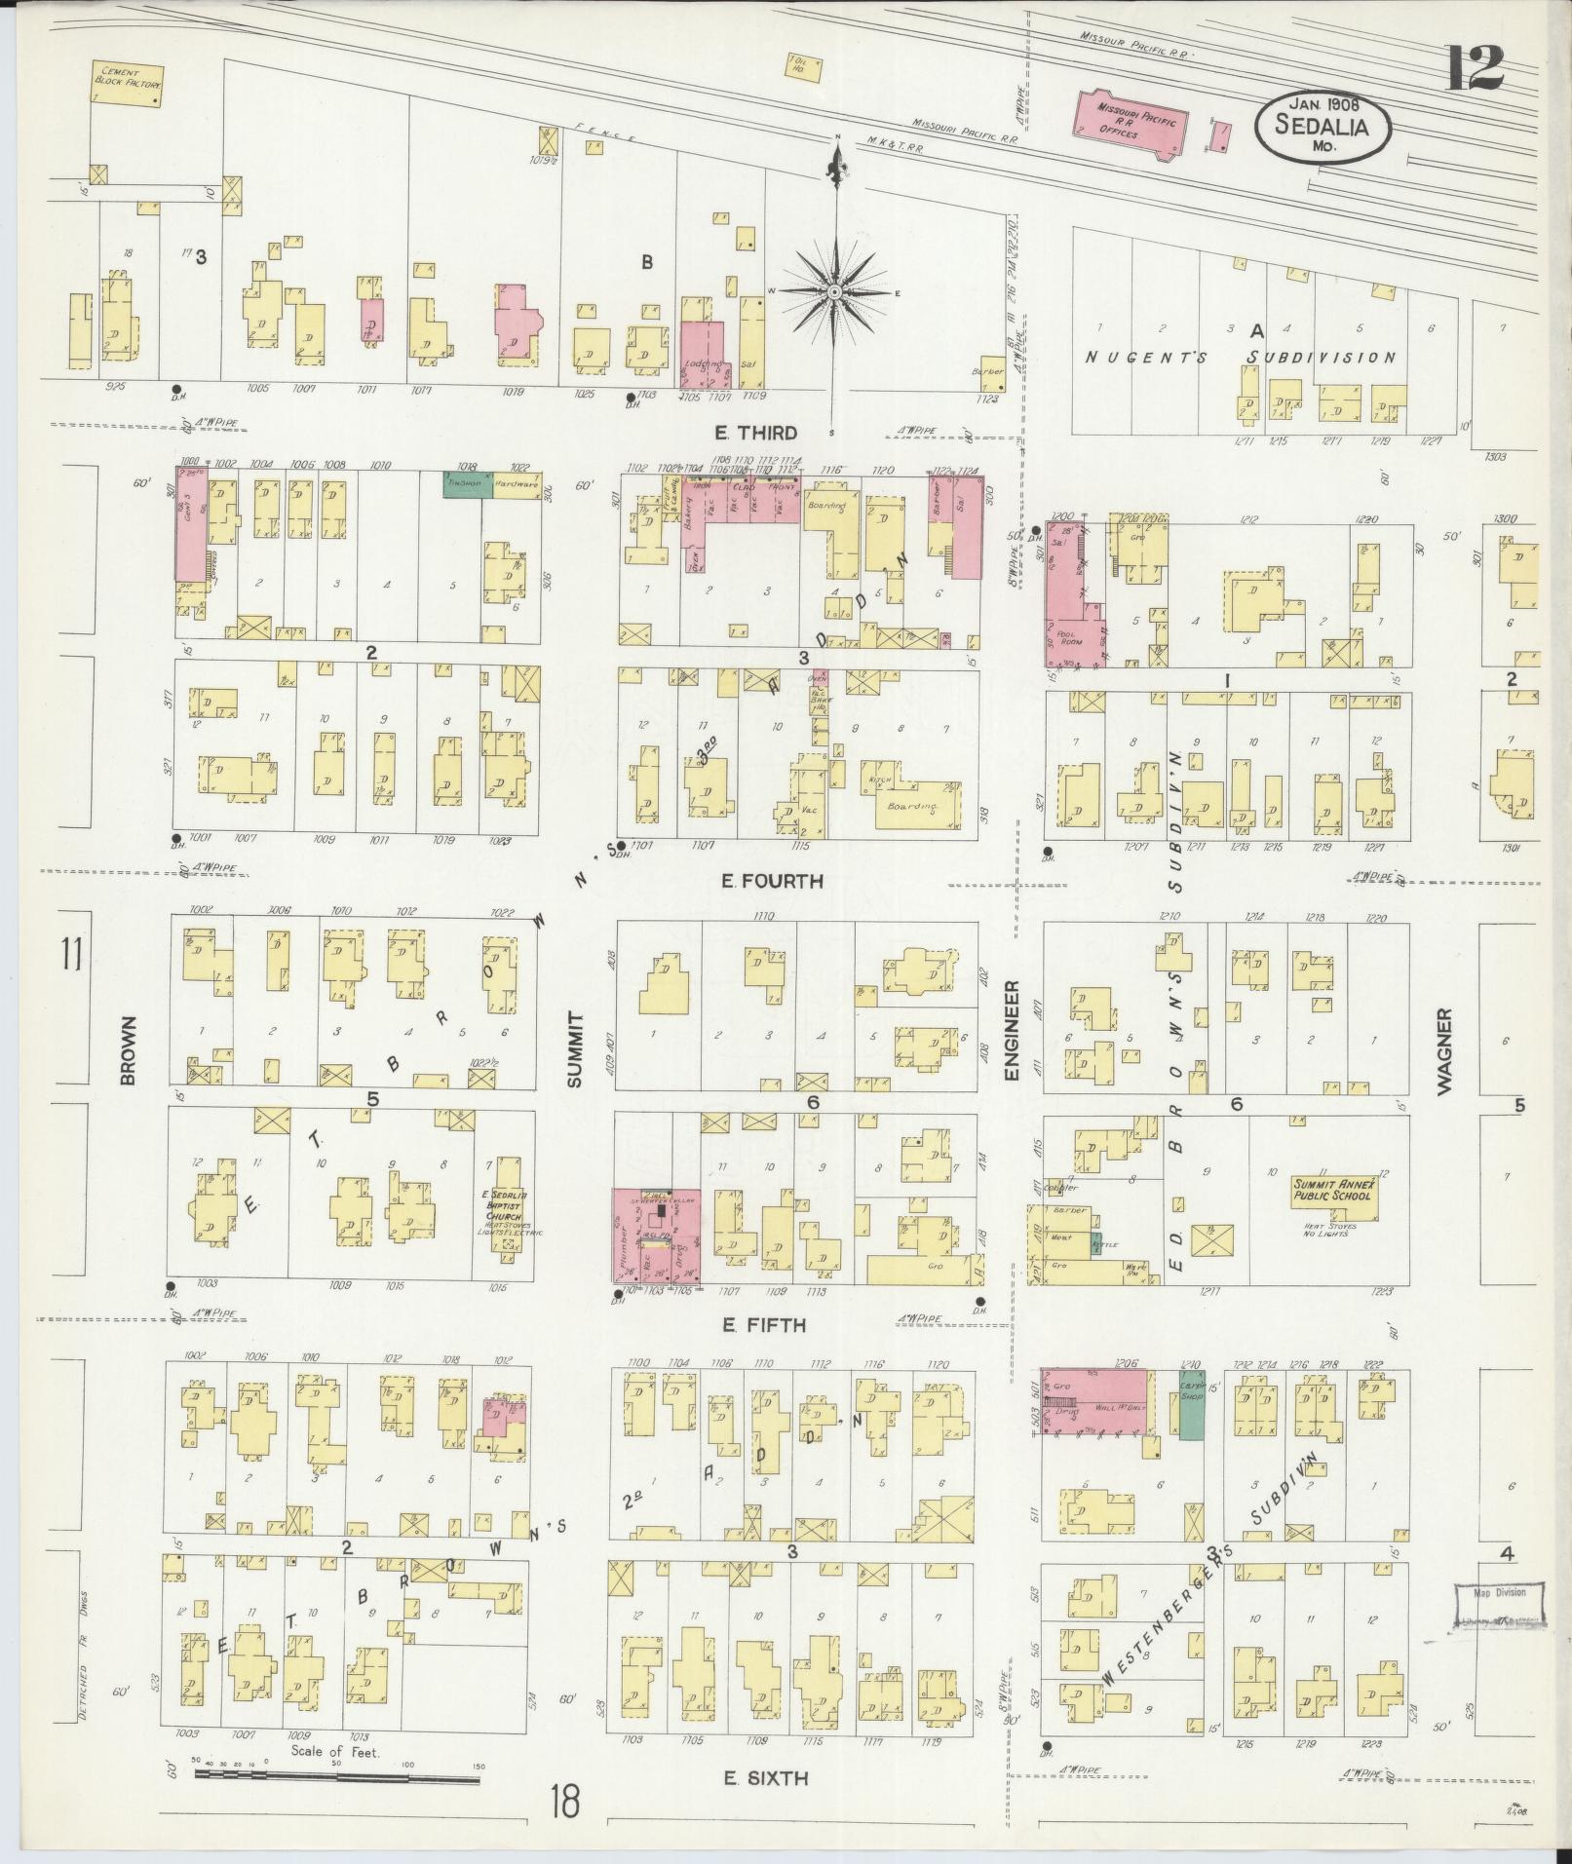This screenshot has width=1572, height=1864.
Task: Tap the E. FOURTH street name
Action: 772,881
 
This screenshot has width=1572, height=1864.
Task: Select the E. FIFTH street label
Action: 764,1325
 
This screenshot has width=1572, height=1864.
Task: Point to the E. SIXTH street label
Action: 765,1778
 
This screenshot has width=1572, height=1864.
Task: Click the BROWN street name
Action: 128,1051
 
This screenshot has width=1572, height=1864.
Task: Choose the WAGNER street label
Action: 1443,1051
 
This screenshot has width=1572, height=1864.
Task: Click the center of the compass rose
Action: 835,291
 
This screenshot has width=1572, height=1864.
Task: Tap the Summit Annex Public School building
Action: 1332,1194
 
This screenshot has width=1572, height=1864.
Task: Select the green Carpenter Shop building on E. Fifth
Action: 1191,1404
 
